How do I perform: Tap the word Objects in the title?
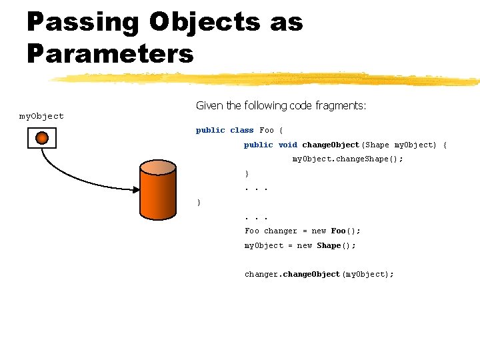[204, 22]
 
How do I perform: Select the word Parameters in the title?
[110, 53]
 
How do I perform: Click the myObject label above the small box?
[41, 116]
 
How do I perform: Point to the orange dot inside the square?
[42, 138]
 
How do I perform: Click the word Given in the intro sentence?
[209, 105]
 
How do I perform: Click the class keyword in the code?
[241, 130]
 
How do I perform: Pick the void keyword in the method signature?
[287, 145]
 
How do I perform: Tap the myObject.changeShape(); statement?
[348, 159]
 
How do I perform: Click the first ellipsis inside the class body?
[256, 188]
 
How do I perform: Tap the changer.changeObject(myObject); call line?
[319, 274]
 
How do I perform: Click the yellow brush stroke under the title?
[267, 79]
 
